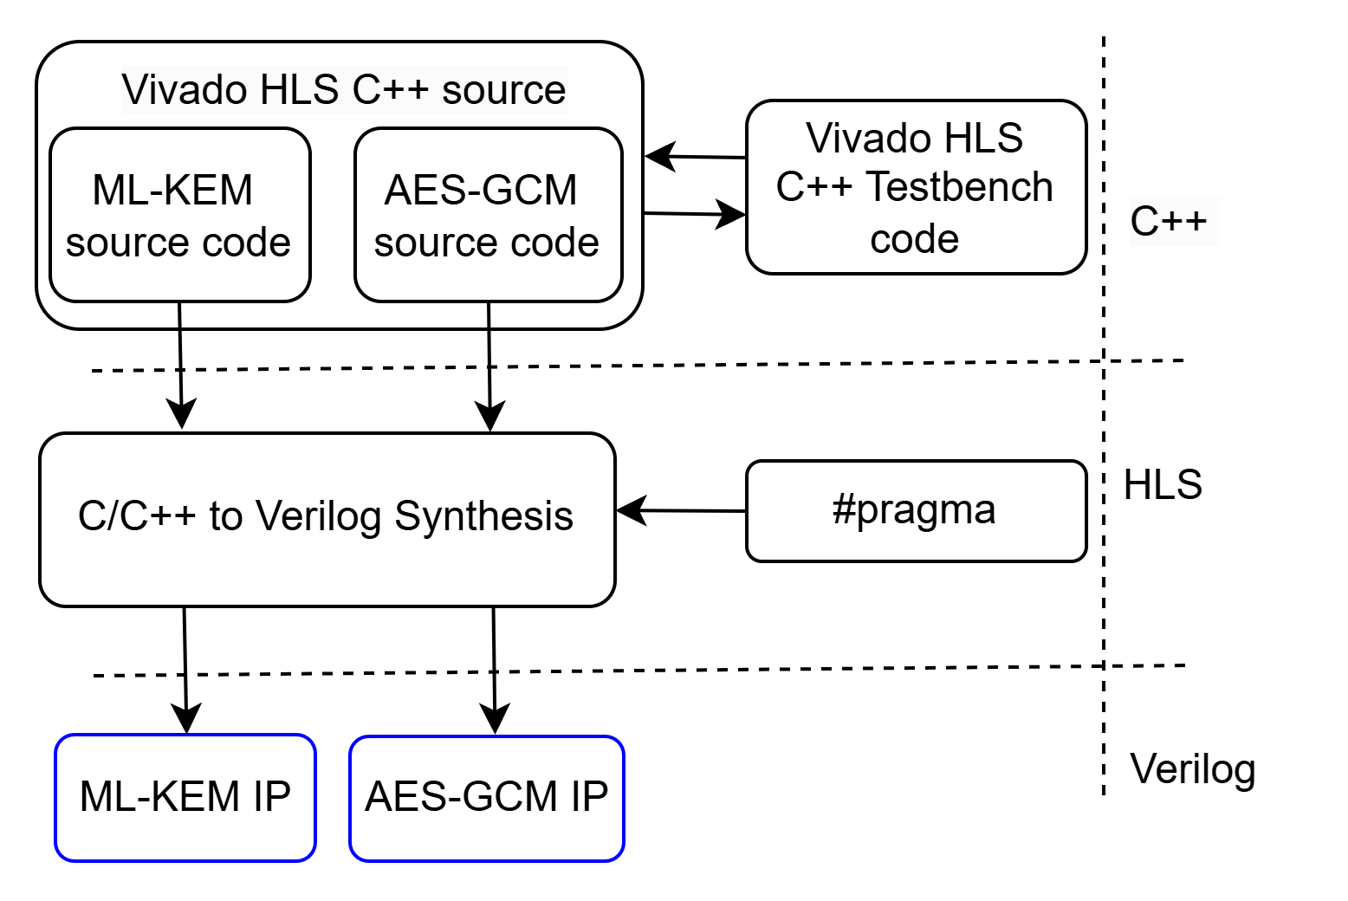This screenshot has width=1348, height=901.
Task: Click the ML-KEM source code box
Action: coord(179,215)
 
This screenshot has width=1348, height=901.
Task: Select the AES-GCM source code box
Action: coord(488,215)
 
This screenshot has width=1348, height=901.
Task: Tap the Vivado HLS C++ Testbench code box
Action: coord(916,187)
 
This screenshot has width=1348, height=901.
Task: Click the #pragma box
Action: coord(916,511)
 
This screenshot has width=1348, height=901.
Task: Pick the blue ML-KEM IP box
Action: coord(185,797)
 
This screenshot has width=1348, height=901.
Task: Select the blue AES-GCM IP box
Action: coord(486,798)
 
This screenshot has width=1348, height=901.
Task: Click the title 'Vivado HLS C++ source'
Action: coord(344,89)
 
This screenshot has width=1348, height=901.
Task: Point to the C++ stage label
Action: coord(1169,222)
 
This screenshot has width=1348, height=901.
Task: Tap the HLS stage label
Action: coord(1163,485)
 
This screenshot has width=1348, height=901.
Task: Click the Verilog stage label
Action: coord(1193,769)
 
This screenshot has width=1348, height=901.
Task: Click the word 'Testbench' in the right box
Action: coord(959,187)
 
